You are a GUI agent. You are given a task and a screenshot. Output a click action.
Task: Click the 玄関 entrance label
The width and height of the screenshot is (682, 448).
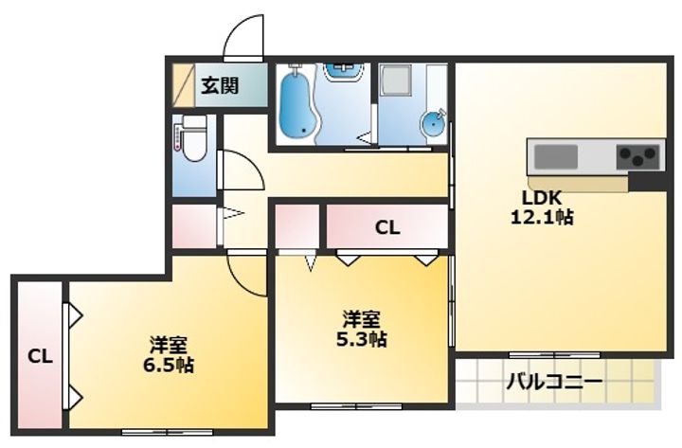(220, 85)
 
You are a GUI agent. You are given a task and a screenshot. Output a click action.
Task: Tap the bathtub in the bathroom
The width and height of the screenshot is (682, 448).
(296, 103)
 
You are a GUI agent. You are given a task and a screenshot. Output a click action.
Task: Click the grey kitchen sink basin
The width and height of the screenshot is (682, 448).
(556, 157)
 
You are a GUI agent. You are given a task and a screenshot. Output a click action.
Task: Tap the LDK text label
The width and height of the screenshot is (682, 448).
(542, 198)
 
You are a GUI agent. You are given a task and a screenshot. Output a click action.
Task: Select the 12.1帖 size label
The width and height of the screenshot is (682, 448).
(542, 216)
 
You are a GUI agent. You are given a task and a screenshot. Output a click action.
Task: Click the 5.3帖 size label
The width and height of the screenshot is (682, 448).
(362, 339)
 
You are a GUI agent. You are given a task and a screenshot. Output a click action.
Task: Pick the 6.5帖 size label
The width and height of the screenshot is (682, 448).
(169, 365)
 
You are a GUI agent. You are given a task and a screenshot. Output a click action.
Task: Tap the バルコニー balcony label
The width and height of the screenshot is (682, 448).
(554, 383)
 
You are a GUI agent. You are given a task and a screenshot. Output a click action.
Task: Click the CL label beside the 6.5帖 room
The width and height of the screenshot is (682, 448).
(40, 357)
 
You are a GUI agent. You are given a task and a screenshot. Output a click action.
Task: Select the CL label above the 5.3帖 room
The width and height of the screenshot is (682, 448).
(387, 227)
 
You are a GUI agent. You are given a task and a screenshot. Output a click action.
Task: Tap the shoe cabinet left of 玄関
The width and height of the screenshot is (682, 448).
(184, 85)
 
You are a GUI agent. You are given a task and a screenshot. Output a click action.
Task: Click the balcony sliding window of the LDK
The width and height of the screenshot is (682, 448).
(554, 355)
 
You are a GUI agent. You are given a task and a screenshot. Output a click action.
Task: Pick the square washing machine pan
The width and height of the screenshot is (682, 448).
(395, 81)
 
